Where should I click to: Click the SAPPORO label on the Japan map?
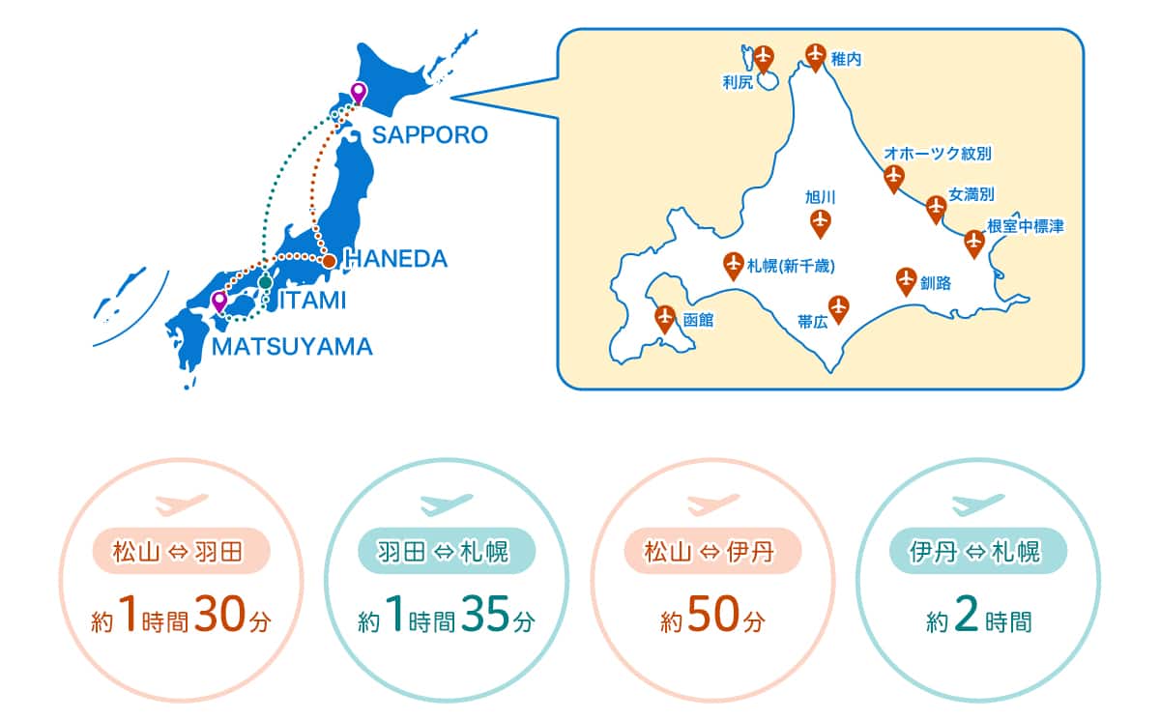point(430,135)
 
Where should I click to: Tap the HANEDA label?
point(396,259)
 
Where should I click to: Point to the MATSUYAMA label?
point(293,347)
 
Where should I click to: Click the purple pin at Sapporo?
point(359,94)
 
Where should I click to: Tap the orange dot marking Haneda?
point(329,261)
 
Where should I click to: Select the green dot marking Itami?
point(265,282)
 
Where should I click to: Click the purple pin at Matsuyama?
point(219,301)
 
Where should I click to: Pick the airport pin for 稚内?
point(816,56)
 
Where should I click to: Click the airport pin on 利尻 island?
point(765,57)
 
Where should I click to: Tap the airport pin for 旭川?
point(821,222)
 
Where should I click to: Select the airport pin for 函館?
point(665,317)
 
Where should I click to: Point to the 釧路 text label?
point(936,283)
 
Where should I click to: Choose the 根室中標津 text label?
point(1025,227)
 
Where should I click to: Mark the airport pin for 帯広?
point(838,306)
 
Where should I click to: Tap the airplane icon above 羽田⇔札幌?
point(447,504)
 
